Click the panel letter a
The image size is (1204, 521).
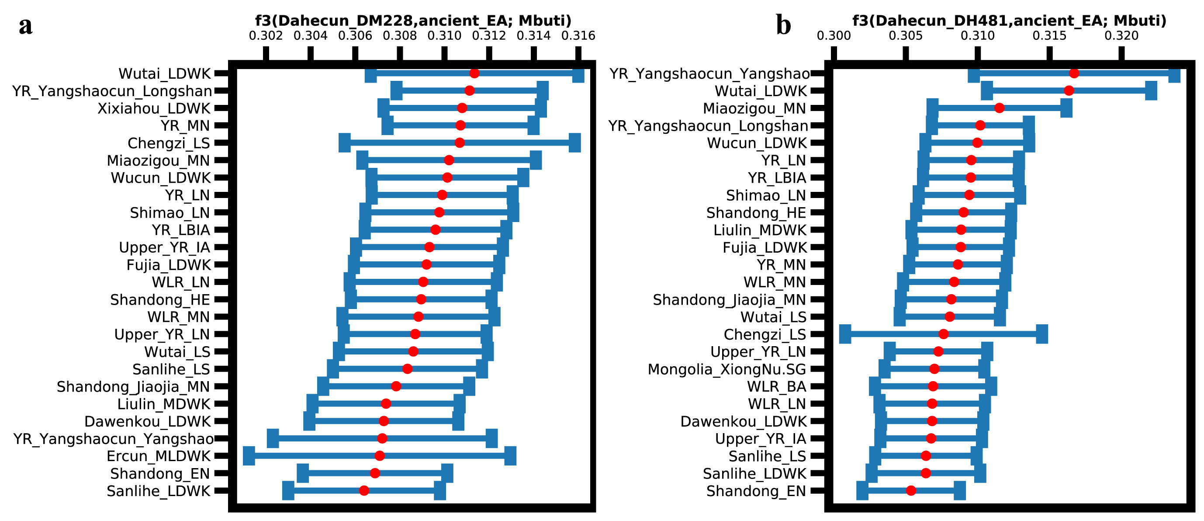(x=26, y=26)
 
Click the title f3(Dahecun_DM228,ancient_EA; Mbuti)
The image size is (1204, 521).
(x=413, y=21)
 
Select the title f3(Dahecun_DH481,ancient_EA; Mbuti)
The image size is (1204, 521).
(x=1010, y=21)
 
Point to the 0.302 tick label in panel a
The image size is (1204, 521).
(x=266, y=36)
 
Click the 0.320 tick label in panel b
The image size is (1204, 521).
(x=1121, y=36)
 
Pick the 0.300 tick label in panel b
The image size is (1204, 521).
(x=834, y=36)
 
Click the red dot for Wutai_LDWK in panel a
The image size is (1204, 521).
(x=474, y=73)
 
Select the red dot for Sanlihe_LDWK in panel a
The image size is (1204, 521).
(x=364, y=490)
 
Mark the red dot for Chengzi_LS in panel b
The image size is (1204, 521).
(x=944, y=334)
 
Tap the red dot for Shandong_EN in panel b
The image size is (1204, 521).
(x=911, y=490)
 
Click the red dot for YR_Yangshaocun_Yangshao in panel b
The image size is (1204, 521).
(x=1074, y=73)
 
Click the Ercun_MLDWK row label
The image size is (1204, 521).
(x=159, y=456)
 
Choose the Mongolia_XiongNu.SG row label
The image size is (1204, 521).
(x=727, y=369)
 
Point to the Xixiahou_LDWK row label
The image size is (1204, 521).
(x=154, y=108)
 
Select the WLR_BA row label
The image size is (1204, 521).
(x=776, y=387)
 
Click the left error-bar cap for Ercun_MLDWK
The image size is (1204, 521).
(x=249, y=456)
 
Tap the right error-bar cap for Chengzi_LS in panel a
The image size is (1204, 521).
(x=575, y=142)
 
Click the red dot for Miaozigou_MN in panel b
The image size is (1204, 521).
(x=999, y=108)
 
